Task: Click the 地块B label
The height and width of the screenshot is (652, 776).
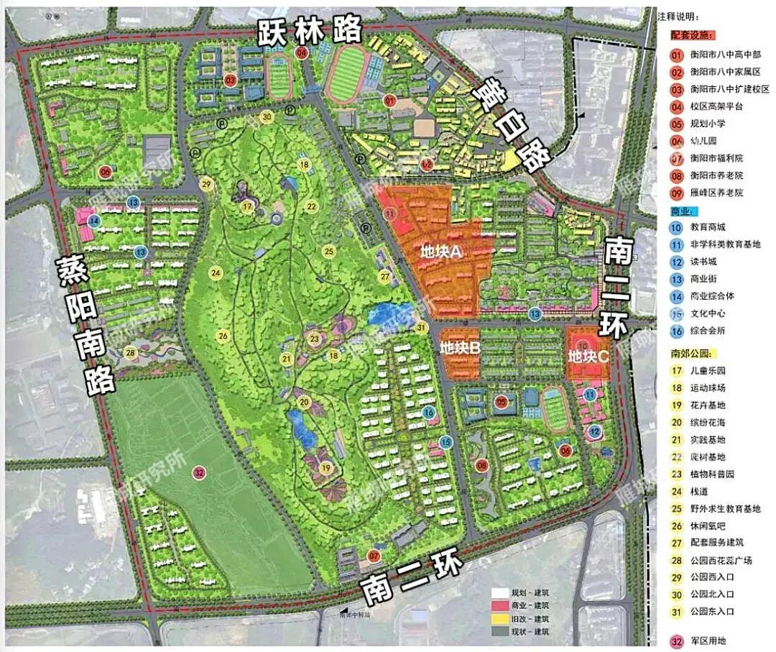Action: point(460,347)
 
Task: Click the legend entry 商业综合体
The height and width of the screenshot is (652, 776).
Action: point(712,296)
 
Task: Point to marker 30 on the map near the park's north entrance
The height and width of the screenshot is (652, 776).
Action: point(267,116)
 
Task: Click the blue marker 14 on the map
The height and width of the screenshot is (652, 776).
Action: point(95,220)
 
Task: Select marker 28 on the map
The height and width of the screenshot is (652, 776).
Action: point(130,352)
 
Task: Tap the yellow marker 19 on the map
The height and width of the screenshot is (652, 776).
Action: point(326,468)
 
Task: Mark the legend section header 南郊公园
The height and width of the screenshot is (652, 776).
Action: point(689,354)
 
